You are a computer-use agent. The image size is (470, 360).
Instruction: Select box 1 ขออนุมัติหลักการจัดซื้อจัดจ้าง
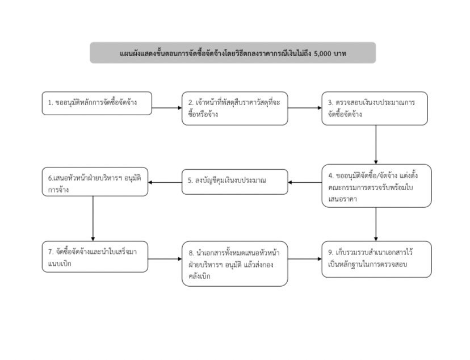point(97,103)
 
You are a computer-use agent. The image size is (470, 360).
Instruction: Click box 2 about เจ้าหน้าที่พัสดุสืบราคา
point(234,108)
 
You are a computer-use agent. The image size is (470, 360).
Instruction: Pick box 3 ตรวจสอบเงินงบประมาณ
point(375,108)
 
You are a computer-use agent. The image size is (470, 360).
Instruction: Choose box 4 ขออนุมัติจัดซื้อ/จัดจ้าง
point(377,186)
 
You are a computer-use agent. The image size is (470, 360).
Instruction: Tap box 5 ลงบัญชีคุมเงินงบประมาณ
point(234,182)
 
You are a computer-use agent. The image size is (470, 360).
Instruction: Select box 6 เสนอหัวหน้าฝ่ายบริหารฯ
point(95,182)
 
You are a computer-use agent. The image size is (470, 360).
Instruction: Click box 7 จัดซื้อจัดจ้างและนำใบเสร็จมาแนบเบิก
point(95,257)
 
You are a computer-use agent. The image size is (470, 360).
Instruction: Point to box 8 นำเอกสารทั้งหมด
point(234,264)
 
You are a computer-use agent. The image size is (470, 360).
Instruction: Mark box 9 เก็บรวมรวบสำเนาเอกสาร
point(377,259)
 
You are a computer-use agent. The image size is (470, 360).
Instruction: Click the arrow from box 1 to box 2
point(167,108)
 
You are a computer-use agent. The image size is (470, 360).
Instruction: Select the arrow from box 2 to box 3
point(305,108)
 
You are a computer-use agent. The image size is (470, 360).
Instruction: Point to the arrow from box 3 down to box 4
point(376,144)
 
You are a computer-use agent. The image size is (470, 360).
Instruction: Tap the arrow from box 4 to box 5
point(305,182)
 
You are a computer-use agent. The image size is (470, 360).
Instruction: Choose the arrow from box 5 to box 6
point(165,182)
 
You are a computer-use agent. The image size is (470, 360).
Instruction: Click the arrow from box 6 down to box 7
point(93,219)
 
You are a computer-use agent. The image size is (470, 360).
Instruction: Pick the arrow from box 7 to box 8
point(165,259)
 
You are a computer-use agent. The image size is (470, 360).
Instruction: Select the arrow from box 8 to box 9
point(305,259)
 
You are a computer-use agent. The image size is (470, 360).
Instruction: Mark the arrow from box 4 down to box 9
point(376,224)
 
